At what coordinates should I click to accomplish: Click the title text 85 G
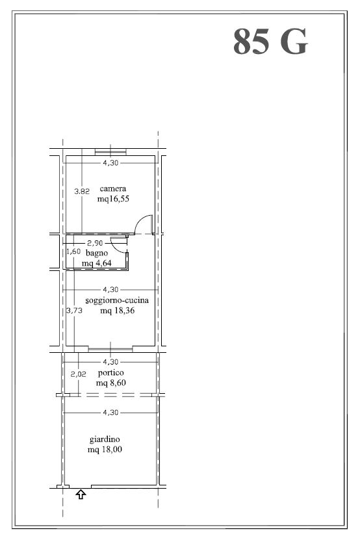(270, 42)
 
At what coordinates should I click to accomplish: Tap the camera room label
(113, 188)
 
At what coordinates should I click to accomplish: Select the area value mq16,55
(113, 199)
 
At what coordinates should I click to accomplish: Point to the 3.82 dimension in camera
(82, 191)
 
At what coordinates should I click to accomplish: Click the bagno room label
(97, 253)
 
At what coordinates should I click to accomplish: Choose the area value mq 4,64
(96, 263)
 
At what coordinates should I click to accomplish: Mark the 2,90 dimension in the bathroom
(95, 243)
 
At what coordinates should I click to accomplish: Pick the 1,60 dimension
(73, 251)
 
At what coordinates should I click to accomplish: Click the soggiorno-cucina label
(117, 300)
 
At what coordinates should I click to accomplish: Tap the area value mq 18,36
(118, 311)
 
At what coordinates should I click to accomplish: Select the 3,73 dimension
(75, 311)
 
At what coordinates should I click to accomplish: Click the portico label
(111, 373)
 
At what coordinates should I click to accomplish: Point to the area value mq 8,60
(111, 383)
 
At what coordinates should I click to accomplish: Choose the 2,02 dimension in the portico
(78, 374)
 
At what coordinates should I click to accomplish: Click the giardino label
(105, 439)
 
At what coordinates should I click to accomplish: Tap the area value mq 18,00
(105, 450)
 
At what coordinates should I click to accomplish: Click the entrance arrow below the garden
(81, 495)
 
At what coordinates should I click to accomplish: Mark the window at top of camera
(110, 151)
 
